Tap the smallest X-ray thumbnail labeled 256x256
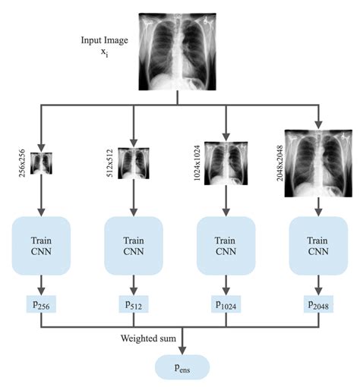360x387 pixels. (x=42, y=162)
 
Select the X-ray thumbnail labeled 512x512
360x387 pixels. (x=134, y=162)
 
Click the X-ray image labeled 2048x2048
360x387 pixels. (x=318, y=162)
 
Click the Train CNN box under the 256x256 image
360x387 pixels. (x=42, y=245)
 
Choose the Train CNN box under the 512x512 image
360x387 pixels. (x=134, y=245)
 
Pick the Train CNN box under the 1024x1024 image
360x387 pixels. (x=226, y=245)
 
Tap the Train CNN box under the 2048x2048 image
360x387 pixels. (x=318, y=245)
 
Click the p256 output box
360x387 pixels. (x=42, y=305)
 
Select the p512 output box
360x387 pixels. (x=134, y=305)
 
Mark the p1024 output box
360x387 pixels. (x=226, y=305)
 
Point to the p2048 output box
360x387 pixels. (x=318, y=305)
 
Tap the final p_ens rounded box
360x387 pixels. (x=181, y=368)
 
